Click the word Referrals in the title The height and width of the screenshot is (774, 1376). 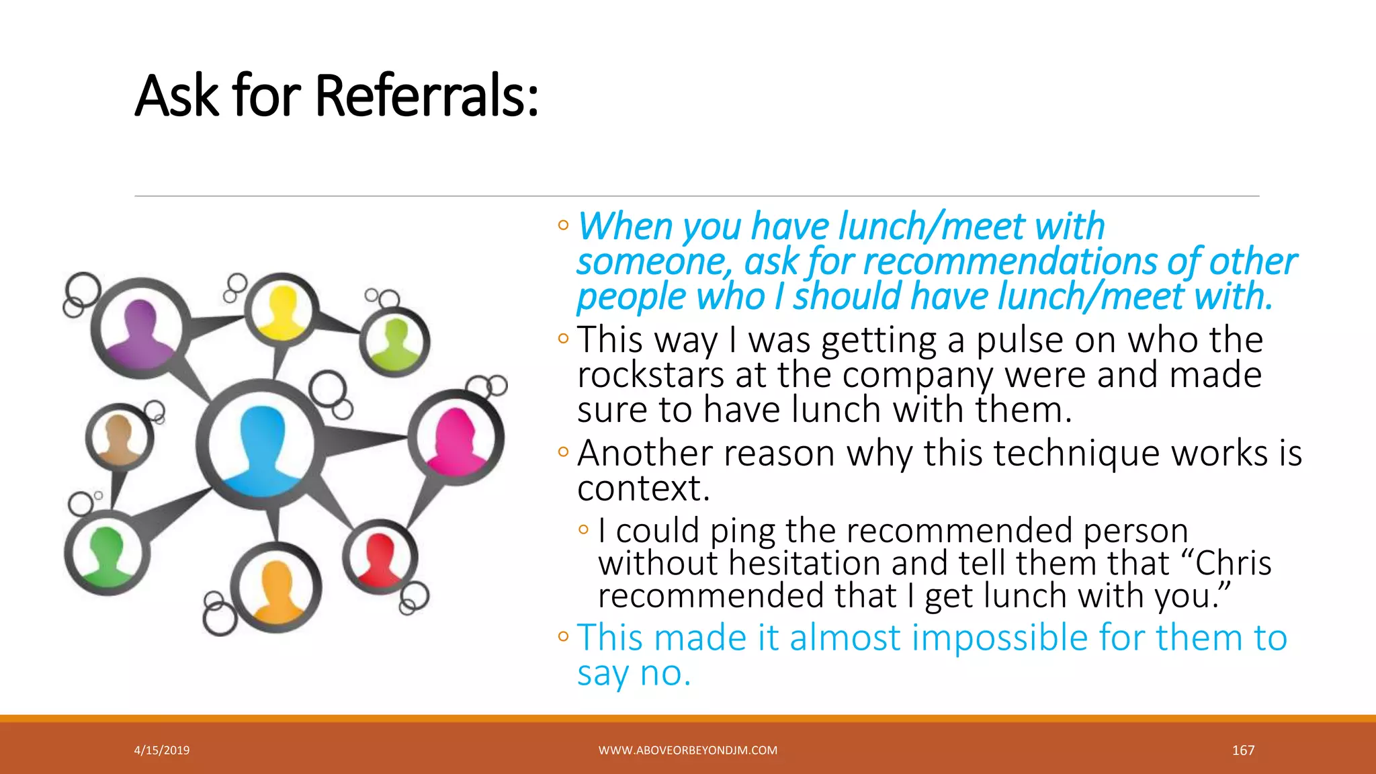click(x=427, y=96)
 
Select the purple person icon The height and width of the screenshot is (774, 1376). click(x=140, y=329)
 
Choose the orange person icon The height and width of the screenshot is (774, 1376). click(x=277, y=588)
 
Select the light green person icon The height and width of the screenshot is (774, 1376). click(x=395, y=341)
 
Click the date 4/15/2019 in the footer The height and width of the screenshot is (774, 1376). click(x=162, y=750)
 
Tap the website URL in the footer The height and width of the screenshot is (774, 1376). click(x=688, y=750)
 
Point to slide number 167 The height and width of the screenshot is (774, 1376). click(x=1243, y=750)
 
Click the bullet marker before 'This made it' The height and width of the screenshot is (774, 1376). click(x=563, y=636)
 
